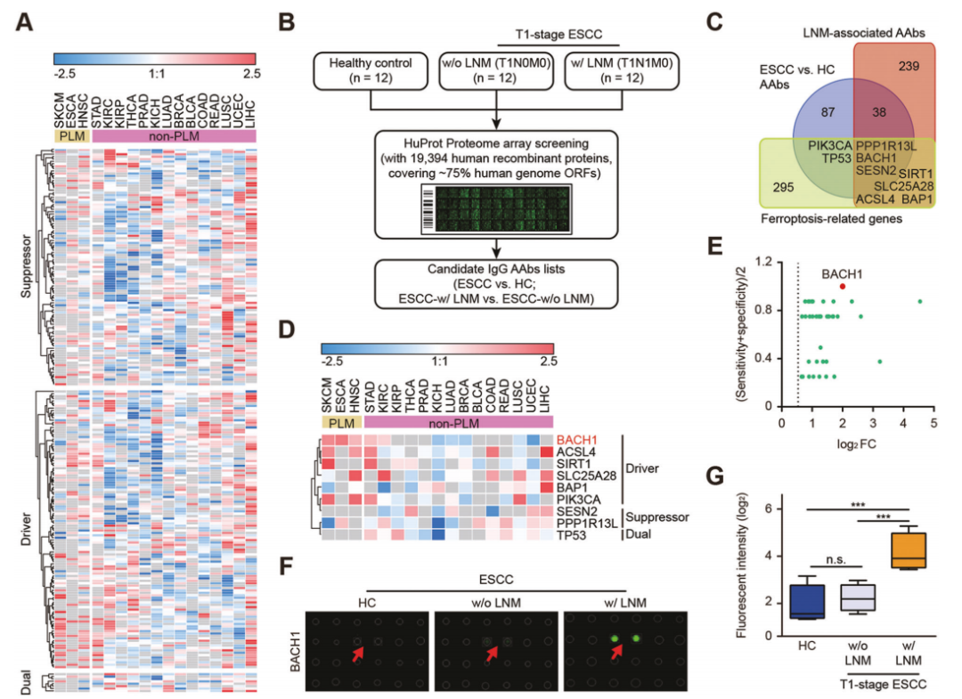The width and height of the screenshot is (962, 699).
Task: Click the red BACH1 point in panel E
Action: (843, 287)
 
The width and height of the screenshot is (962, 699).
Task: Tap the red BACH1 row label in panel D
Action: (577, 440)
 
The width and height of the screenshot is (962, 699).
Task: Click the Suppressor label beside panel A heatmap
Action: (27, 266)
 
